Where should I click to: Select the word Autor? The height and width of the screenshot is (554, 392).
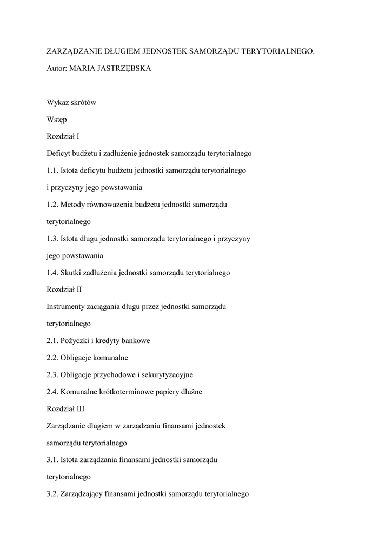click(57, 69)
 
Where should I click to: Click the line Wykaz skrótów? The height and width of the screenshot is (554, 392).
click(71, 103)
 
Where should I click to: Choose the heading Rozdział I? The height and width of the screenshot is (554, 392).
click(63, 136)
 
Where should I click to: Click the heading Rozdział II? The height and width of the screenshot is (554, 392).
click(64, 290)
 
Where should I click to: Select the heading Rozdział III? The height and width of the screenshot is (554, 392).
click(65, 409)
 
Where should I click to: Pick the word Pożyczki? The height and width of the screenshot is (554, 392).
click(75, 341)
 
